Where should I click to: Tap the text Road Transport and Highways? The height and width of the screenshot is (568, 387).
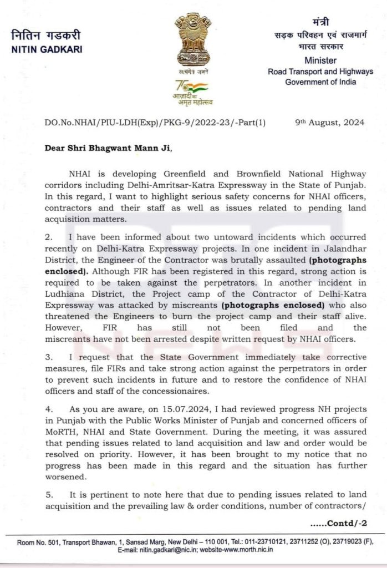click(320, 72)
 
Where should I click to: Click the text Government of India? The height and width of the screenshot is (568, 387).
click(320, 82)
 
